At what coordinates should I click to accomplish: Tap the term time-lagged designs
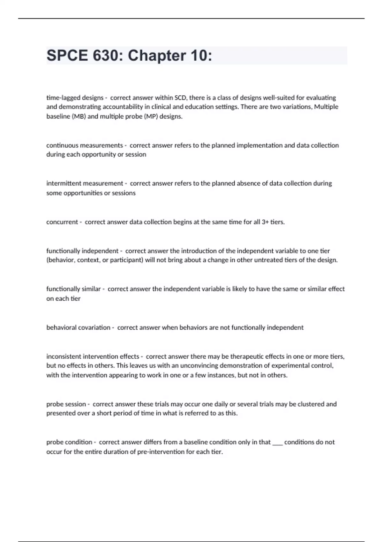[75, 98]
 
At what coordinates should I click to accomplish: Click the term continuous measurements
[85, 145]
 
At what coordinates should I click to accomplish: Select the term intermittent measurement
[85, 183]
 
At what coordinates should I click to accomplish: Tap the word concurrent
[62, 222]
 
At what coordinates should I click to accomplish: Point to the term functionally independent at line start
[82, 251]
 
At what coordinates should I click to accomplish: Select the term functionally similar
[73, 289]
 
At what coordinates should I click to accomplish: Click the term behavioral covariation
[78, 327]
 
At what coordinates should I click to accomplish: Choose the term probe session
[66, 404]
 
